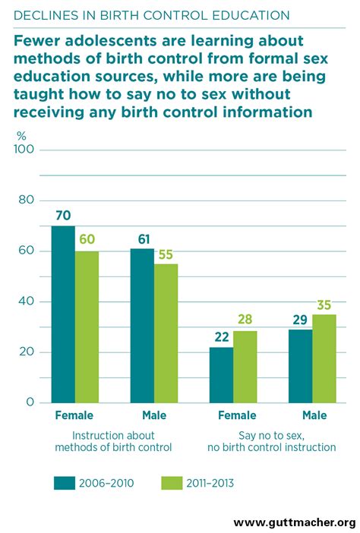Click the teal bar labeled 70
coord(63,314)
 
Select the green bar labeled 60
coord(87,326)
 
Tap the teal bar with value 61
coord(142,325)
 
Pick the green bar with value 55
coord(166,333)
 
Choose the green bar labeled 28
coord(245,367)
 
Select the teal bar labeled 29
coord(300,365)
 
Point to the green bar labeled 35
coord(324,358)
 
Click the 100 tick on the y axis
coord(24,150)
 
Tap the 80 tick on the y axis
coord(27,200)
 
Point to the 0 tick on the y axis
coord(30,402)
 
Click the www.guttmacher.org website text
coord(294,522)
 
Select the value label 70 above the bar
coord(63,216)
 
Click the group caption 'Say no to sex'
coord(271,435)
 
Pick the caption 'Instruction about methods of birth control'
coord(114,441)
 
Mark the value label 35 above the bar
coord(324,304)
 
